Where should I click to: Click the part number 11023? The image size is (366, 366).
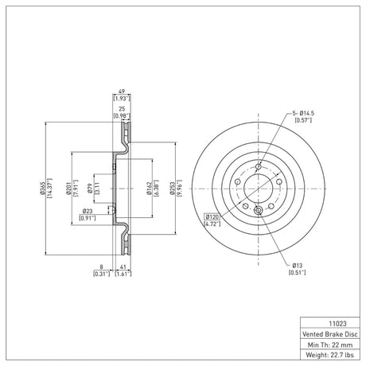(337, 324)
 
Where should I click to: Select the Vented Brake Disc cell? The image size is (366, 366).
(330, 334)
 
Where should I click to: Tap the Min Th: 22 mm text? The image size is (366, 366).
(330, 345)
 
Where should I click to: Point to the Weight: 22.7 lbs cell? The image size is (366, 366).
(330, 355)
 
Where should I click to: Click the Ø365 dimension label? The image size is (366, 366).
(42, 189)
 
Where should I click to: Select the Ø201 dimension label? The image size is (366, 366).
(68, 189)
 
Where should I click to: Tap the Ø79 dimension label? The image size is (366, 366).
(90, 189)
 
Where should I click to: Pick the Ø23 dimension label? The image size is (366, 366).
(88, 211)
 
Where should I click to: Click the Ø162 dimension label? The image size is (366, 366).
(149, 189)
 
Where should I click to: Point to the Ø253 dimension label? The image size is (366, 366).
(173, 189)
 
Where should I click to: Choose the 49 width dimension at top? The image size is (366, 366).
(122, 91)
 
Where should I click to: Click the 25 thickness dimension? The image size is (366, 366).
(122, 109)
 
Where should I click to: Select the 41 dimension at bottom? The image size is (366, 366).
(123, 267)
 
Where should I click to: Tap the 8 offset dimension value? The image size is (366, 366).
(101, 267)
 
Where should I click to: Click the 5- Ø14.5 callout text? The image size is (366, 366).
(303, 113)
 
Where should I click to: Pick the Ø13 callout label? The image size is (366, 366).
(298, 265)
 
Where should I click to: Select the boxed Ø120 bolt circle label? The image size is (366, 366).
(212, 217)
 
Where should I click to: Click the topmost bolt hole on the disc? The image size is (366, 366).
(259, 166)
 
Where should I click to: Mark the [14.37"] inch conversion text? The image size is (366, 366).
(49, 189)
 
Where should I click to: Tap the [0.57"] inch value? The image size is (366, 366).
(303, 120)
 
